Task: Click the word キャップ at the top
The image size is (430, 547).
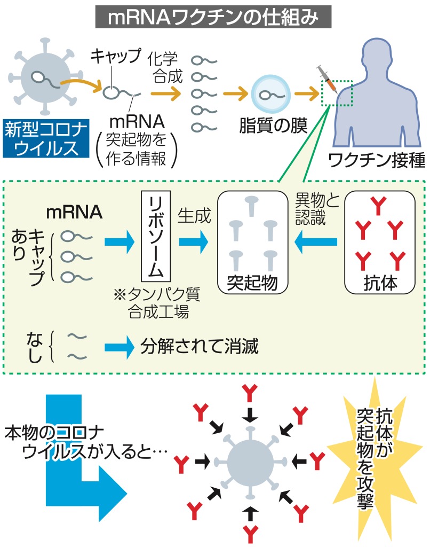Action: [x=116, y=56]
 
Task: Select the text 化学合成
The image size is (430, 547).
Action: [x=169, y=66]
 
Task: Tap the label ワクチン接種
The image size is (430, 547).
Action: [x=377, y=160]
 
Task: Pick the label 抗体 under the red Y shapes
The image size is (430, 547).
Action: [x=379, y=283]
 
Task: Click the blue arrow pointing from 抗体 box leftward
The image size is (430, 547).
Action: [x=317, y=243]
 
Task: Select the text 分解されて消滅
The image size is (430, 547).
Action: [x=200, y=348]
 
